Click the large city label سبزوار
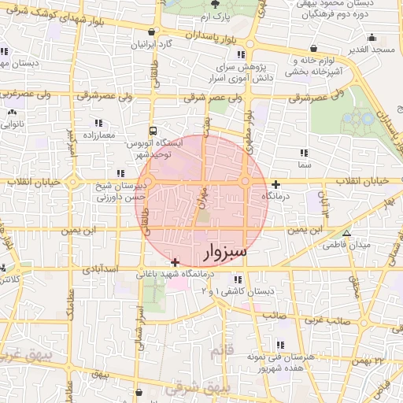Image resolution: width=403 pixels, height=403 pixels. (225, 252)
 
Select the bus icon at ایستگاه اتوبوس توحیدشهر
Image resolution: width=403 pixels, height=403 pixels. (152, 131)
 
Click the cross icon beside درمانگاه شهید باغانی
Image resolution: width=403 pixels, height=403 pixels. (175, 262)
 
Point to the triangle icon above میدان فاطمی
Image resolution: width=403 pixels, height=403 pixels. (346, 233)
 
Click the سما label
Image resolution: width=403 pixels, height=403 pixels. (305, 166)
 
